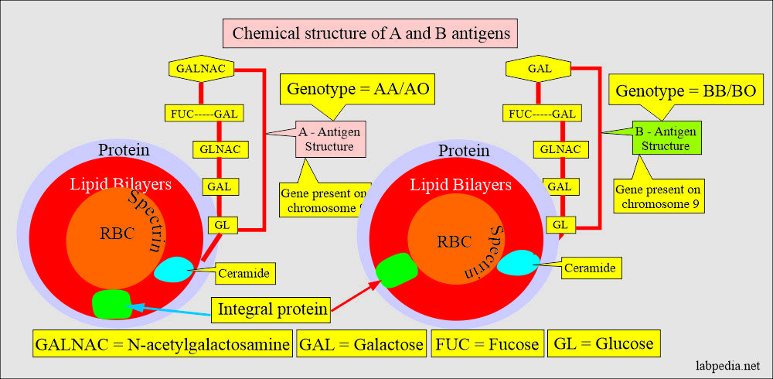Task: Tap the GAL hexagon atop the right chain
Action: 538,69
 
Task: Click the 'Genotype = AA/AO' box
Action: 358,88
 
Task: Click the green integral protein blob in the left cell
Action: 112,303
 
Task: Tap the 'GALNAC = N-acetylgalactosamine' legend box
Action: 162,344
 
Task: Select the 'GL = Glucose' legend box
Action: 604,343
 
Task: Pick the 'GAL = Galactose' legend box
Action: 361,344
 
